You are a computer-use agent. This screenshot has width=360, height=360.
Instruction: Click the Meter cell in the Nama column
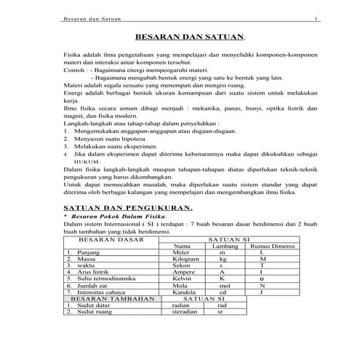click(182, 252)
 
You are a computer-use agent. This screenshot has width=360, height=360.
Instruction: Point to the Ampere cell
click(183, 271)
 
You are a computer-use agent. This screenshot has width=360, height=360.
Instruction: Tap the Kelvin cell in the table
click(182, 278)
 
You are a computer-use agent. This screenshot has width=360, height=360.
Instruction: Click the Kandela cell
click(184, 292)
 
